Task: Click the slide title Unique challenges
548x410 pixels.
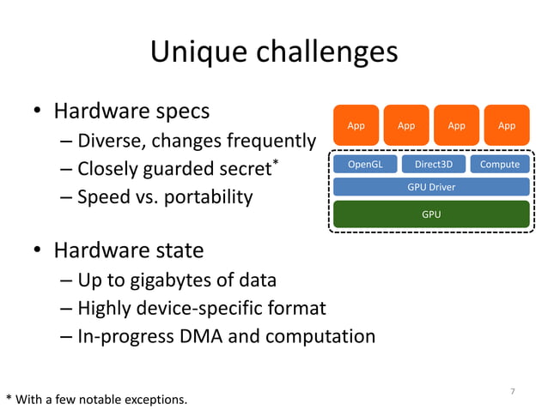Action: coord(274,53)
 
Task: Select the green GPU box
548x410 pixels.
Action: coord(430,214)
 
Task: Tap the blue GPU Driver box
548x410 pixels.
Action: coord(430,186)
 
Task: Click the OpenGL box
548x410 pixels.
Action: coord(365,164)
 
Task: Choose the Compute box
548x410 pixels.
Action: coord(499,164)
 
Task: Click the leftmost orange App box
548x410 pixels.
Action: coord(356,126)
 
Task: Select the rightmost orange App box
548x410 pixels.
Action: coord(507,126)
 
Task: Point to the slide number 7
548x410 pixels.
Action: coord(513,392)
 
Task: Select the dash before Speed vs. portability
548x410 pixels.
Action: coord(67,197)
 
